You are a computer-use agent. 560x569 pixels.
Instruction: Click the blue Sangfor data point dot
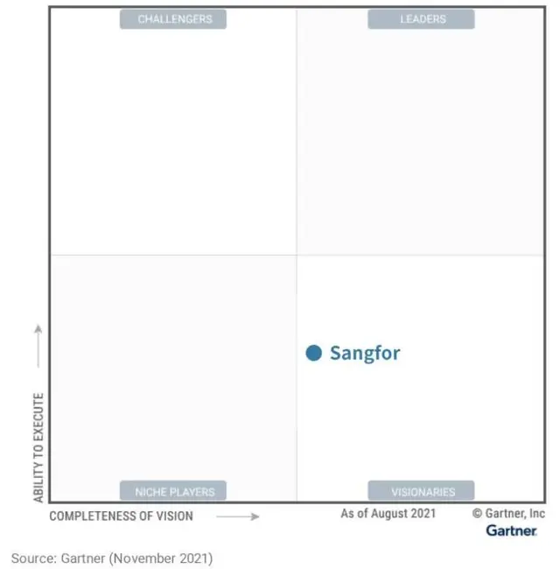click(x=314, y=353)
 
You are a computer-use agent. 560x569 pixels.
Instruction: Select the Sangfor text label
click(x=365, y=353)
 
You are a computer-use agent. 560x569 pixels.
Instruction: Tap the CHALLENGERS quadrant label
click(x=172, y=19)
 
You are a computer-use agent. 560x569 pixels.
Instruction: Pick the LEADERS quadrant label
click(x=422, y=19)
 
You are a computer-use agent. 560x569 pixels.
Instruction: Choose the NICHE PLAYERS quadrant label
click(x=174, y=491)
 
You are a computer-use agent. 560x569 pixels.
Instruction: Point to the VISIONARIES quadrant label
click(x=422, y=491)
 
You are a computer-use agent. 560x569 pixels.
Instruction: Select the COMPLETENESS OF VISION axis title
click(x=121, y=516)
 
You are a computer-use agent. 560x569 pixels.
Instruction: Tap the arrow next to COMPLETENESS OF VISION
click(x=238, y=516)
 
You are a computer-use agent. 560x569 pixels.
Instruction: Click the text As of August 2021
click(x=388, y=514)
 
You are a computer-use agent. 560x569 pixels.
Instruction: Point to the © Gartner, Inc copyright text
click(x=508, y=514)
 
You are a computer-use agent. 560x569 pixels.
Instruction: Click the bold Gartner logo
click(x=512, y=530)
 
